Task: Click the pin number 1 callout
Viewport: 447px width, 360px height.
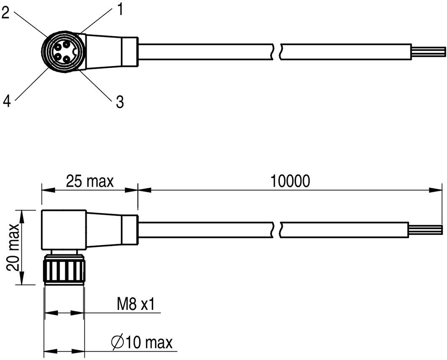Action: (x=120, y=9)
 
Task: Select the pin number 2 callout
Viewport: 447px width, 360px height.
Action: (x=5, y=13)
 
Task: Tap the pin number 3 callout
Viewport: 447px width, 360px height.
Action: (x=120, y=102)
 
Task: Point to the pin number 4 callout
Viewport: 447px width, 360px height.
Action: (x=6, y=101)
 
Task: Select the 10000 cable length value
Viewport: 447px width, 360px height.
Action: (x=290, y=181)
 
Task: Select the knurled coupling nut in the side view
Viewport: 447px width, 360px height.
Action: (x=64, y=270)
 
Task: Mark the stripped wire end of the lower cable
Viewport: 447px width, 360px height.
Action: (x=425, y=229)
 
